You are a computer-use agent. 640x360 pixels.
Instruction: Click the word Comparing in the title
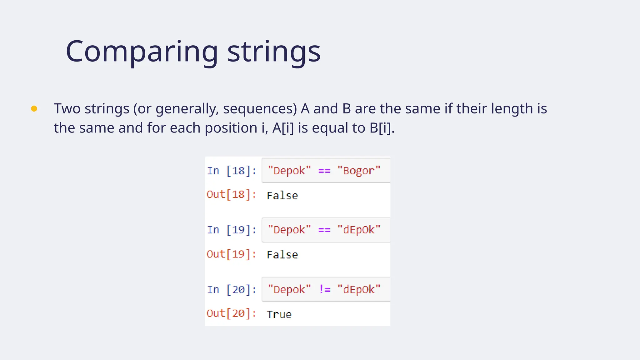click(x=142, y=52)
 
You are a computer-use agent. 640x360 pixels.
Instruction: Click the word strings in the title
click(x=274, y=52)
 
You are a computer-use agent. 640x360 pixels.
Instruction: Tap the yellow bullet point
click(x=34, y=109)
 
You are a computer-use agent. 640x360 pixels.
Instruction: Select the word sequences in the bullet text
click(x=260, y=109)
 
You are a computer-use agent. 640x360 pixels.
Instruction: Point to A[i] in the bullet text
click(x=283, y=128)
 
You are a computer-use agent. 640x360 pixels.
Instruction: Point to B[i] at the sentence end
click(x=380, y=128)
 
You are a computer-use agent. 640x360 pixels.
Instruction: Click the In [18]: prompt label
click(x=232, y=171)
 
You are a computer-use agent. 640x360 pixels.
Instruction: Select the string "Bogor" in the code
click(x=359, y=171)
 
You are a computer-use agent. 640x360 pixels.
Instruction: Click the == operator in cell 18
click(x=324, y=171)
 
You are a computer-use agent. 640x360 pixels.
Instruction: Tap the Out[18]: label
click(x=231, y=195)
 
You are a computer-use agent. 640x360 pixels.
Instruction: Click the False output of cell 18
click(x=282, y=196)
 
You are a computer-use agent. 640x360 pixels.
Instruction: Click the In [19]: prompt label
click(x=232, y=230)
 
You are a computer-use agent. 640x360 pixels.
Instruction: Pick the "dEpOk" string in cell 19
click(x=359, y=230)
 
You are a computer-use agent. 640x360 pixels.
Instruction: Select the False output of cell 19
click(x=282, y=255)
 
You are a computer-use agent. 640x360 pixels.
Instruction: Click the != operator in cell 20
click(x=324, y=289)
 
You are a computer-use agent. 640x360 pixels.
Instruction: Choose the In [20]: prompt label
click(x=232, y=290)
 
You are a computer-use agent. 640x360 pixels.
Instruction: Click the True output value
click(x=279, y=314)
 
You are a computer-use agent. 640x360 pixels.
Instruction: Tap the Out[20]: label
click(x=231, y=313)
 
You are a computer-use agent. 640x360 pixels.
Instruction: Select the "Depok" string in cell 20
click(x=289, y=289)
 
